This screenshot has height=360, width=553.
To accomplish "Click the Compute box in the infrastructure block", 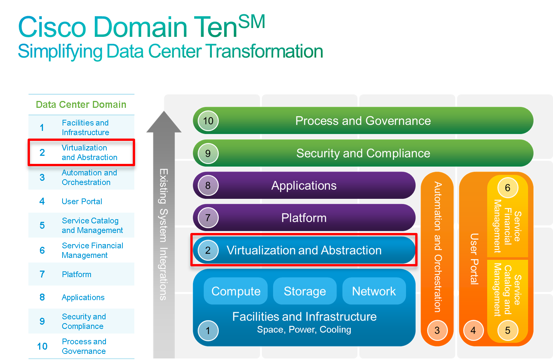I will [236, 291].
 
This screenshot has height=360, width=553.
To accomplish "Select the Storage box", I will [305, 291].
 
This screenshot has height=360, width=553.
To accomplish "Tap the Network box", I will [374, 291].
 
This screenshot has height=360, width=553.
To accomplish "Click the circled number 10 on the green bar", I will [208, 121].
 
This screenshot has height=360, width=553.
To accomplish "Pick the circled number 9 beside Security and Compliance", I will [208, 154].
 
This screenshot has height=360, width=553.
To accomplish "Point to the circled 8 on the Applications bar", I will [208, 186].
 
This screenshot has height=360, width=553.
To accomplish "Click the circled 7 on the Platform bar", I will [208, 218].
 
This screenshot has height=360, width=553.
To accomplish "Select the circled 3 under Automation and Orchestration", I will [437, 330].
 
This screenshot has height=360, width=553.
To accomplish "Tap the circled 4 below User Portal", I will [473, 330].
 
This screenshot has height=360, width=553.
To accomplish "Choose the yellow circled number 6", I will [508, 188].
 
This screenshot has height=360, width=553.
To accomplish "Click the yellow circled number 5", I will [508, 330].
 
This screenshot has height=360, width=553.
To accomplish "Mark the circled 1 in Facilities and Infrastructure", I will [208, 330].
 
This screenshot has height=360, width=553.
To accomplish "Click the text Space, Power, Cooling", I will [304, 330].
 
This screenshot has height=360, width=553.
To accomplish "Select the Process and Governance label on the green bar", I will [363, 121].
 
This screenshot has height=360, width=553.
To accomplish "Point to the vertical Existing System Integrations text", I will [163, 234].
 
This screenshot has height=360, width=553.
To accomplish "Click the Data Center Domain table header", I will [81, 104].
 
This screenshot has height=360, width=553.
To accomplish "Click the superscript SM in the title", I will [252, 21].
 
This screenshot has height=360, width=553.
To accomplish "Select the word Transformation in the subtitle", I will [264, 51].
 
